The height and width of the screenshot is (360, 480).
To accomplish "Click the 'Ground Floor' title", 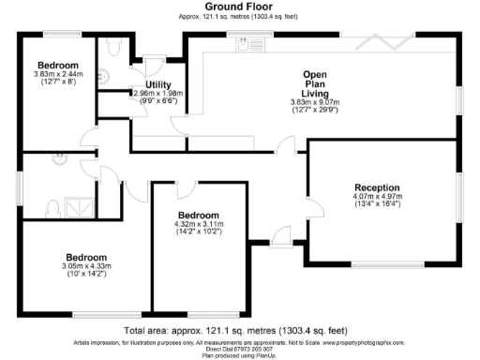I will point(239,7).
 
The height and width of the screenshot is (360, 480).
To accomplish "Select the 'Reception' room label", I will point(377,187).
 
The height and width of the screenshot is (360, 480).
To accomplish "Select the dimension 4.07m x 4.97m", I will point(377,196).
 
